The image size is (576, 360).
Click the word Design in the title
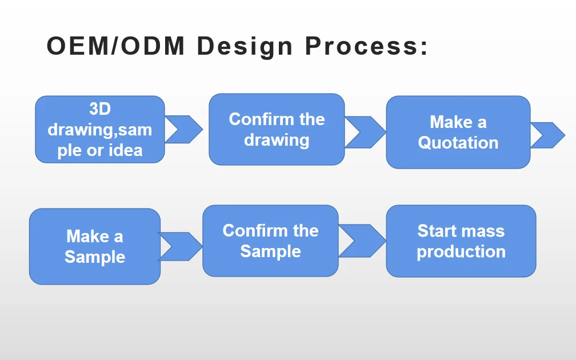244,46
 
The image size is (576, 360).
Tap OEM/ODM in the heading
115,46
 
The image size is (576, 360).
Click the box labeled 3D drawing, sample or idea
100,129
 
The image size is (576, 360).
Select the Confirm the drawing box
277,130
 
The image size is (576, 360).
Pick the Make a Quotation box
458,132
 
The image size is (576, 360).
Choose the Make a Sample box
95,246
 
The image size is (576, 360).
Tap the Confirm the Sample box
270,241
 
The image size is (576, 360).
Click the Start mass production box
461,241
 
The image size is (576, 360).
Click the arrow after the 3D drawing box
184,129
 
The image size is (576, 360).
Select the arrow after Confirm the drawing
365,132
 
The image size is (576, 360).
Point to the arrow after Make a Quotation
547,135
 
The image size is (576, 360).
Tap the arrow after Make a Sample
180,246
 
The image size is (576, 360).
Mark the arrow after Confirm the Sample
362,241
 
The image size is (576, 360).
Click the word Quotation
458,142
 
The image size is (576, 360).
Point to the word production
461,251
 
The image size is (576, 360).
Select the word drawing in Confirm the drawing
277,140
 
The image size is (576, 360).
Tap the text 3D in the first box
100,109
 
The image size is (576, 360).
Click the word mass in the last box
483,231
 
